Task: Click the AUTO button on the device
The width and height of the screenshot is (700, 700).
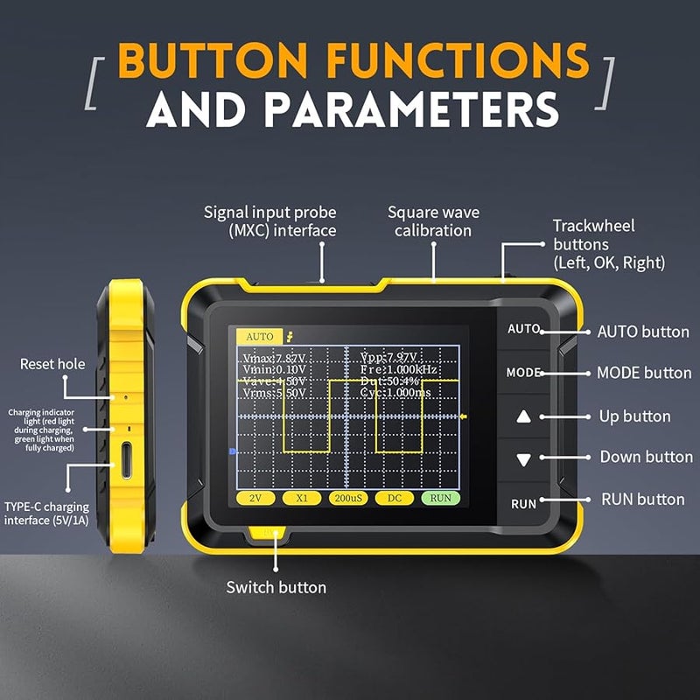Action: (523, 330)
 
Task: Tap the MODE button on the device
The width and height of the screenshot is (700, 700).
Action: (523, 373)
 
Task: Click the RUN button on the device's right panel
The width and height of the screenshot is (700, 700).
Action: (523, 504)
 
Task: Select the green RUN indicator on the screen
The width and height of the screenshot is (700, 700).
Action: (440, 498)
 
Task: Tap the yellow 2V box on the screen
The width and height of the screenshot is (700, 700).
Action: (255, 498)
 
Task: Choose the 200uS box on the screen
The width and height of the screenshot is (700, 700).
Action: (347, 498)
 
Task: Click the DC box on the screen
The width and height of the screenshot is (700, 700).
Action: (394, 498)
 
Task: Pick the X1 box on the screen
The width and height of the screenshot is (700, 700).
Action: (301, 498)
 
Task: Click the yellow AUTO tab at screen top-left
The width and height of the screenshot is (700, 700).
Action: (259, 336)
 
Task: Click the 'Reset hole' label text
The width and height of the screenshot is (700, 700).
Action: (52, 364)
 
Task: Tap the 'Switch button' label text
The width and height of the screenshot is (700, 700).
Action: (276, 587)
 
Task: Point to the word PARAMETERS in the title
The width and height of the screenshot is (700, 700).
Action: (413, 110)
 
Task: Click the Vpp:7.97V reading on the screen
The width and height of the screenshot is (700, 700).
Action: (392, 357)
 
